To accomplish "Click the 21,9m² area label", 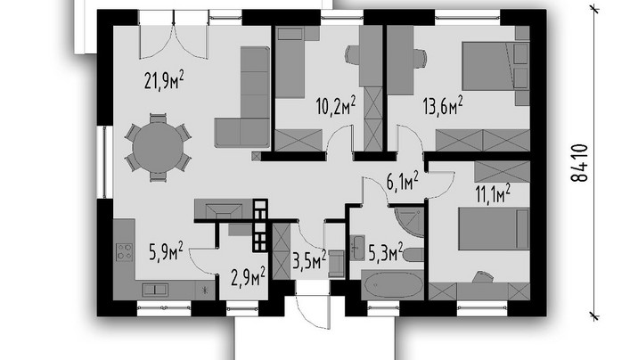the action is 164,80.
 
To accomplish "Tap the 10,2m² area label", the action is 336,107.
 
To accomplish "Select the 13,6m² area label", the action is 443,106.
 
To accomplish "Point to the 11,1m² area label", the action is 493,192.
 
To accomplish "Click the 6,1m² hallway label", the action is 403,181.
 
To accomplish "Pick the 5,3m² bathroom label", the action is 386,252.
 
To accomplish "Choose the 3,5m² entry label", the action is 309,260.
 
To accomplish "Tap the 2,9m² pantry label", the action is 249,276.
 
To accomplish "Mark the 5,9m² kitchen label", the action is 166,251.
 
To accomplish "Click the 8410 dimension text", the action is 579,163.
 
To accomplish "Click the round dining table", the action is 158,147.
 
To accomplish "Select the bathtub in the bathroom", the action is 392,285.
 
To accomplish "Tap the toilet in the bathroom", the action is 413,255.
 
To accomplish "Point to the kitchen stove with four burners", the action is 125,252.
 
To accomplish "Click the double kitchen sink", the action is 155,290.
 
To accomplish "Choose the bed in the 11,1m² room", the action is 494,229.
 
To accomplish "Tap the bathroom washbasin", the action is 358,247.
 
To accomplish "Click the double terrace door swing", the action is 174,42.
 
